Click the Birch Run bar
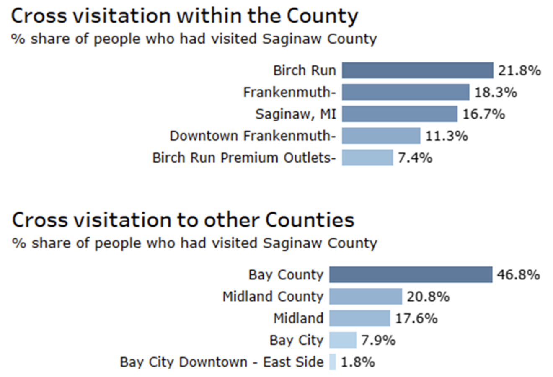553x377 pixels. pyautogui.click(x=417, y=70)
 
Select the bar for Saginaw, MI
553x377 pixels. pyautogui.click(x=399, y=114)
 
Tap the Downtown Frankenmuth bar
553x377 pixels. pyautogui.click(x=381, y=136)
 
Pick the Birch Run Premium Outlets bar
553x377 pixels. pyautogui.click(x=367, y=158)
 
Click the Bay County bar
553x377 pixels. pyautogui.click(x=411, y=275)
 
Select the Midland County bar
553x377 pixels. pyautogui.click(x=365, y=297)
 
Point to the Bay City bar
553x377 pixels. pyautogui.click(x=343, y=340)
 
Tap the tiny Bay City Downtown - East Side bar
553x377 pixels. pyautogui.click(x=333, y=362)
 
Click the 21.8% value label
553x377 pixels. pyautogui.click(x=519, y=70)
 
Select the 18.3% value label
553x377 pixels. pyautogui.click(x=496, y=92)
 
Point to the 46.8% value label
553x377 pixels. pyautogui.click(x=518, y=275)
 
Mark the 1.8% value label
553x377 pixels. pyautogui.click(x=358, y=362)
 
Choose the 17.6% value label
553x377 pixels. pyautogui.click(x=416, y=318)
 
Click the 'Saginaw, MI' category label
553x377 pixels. pyautogui.click(x=296, y=114)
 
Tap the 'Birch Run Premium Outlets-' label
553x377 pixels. pyautogui.click(x=244, y=158)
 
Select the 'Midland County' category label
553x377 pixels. pyautogui.click(x=273, y=297)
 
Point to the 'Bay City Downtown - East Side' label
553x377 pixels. pyautogui.click(x=222, y=362)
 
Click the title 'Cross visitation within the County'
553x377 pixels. pyautogui.click(x=184, y=16)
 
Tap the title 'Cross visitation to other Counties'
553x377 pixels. pyautogui.click(x=183, y=220)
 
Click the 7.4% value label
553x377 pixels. pyautogui.click(x=415, y=158)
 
